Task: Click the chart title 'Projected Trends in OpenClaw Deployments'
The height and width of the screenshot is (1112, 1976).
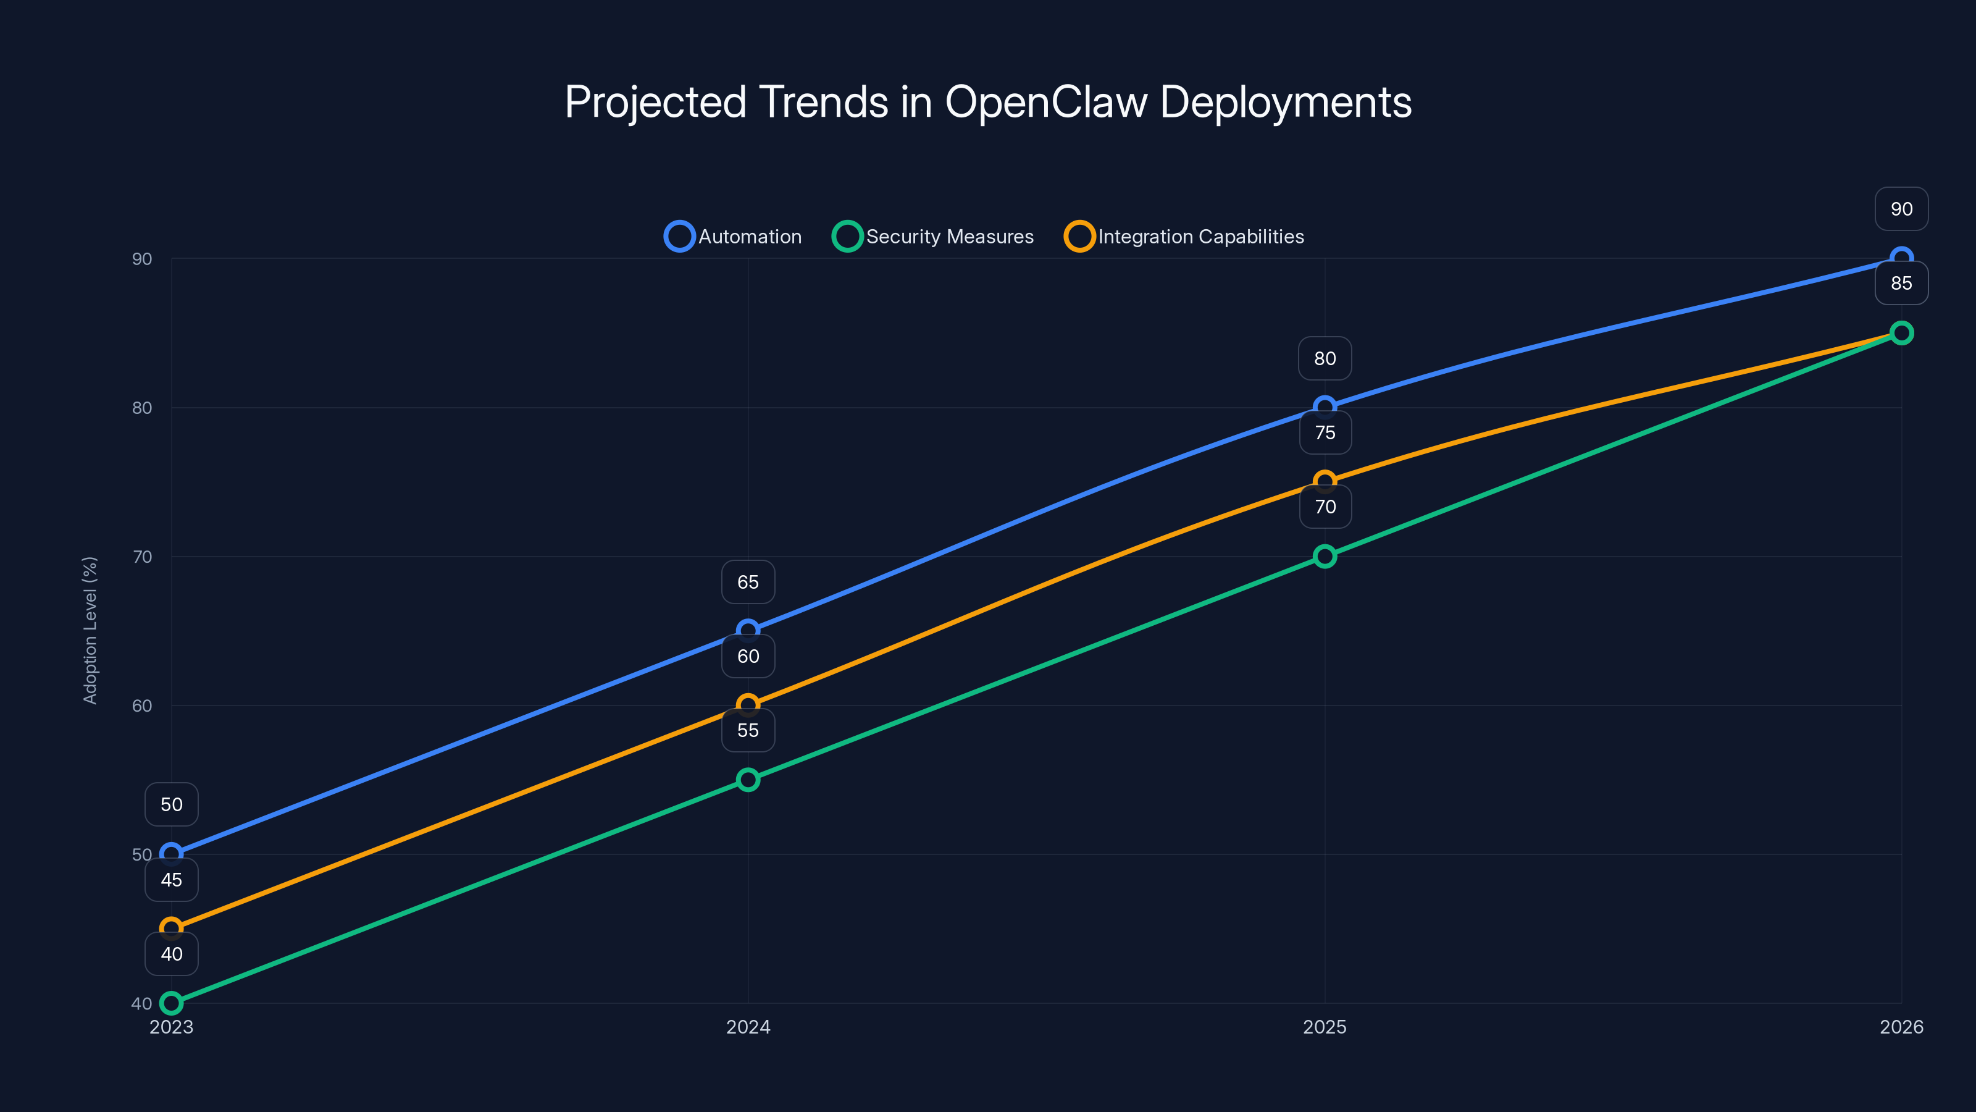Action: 988,102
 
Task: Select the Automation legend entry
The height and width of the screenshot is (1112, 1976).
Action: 734,237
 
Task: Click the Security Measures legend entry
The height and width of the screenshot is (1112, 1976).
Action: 934,237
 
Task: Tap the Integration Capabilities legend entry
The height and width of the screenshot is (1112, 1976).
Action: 1184,237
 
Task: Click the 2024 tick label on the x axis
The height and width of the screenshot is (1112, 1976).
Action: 748,1027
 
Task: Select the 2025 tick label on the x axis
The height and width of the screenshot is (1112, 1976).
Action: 1325,1027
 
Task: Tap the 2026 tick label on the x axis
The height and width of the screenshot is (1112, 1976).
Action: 1901,1027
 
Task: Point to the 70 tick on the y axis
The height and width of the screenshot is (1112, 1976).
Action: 142,557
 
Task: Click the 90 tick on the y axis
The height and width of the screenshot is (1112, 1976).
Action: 142,259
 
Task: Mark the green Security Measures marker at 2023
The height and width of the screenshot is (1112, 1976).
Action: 172,1003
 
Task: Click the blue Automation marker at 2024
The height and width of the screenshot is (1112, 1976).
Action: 748,630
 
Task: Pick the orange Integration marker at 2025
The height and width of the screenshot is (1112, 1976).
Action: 1325,481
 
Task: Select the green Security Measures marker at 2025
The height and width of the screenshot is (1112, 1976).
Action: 1325,557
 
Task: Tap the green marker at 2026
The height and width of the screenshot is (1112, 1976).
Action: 1901,333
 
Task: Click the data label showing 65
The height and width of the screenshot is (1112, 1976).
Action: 748,583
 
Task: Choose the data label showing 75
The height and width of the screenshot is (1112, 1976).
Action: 1325,433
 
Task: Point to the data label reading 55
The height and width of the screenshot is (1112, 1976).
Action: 748,731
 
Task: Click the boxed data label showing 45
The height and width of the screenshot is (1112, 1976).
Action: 172,880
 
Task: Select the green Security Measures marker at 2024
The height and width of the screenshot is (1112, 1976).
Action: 748,780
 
